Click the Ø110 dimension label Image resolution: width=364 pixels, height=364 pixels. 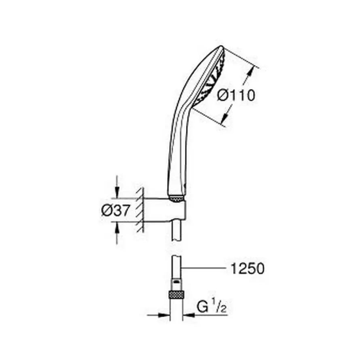click(x=236, y=96)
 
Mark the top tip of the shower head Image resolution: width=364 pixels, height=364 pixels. click(x=220, y=48)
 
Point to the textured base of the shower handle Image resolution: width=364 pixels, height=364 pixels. click(x=176, y=198)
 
